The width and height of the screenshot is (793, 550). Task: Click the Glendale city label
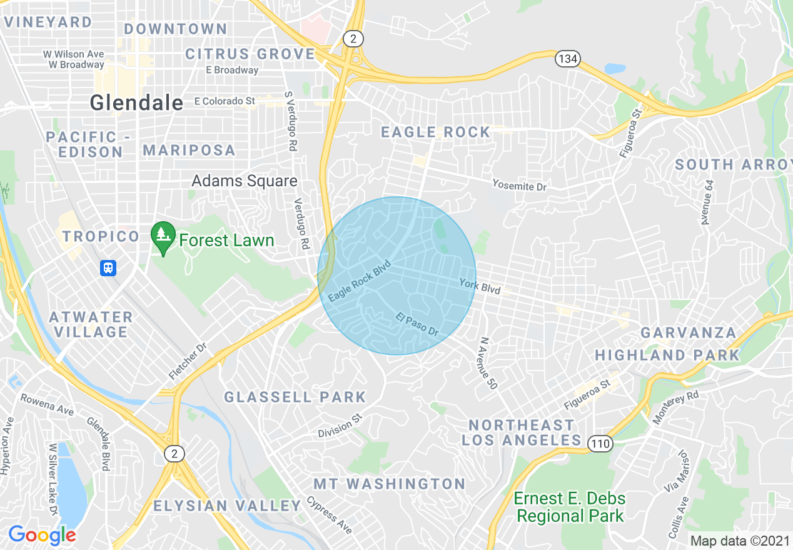[x=136, y=102]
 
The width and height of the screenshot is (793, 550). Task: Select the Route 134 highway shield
[x=567, y=59]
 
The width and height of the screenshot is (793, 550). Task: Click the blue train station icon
[x=108, y=268]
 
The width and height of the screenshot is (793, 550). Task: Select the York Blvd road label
[x=480, y=286]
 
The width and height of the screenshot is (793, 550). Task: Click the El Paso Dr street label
[x=417, y=324]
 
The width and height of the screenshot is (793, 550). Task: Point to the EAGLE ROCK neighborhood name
[x=436, y=132]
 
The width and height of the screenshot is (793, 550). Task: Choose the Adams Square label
[x=245, y=181]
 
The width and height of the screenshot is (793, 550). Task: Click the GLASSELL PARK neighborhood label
[x=295, y=397]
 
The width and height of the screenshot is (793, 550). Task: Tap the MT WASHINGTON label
[x=389, y=484]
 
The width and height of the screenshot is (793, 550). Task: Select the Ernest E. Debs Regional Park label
[x=569, y=507]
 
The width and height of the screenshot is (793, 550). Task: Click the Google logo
[x=42, y=535]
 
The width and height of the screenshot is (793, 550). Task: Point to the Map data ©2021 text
[x=740, y=541]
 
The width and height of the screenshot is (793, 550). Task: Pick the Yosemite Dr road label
[x=519, y=185]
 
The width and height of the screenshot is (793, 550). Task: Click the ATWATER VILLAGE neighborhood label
[x=91, y=324]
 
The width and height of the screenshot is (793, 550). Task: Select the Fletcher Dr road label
[x=187, y=362]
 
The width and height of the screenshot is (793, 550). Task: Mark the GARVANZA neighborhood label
[x=688, y=332]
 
